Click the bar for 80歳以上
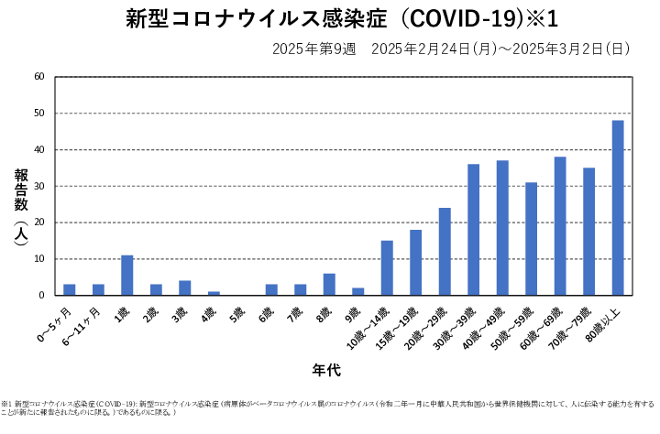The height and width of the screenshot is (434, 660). [x=618, y=208]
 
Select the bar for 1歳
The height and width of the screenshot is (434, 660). [x=126, y=276]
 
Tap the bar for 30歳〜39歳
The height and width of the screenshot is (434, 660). [x=473, y=230]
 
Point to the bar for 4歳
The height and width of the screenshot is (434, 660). [x=214, y=293]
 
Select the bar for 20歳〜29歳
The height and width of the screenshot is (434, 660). [x=445, y=252]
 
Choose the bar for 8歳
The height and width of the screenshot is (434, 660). [x=329, y=285]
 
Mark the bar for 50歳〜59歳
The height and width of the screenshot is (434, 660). [x=531, y=239]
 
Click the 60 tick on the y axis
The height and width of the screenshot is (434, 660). [x=38, y=77]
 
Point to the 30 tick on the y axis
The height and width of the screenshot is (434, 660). [x=38, y=186]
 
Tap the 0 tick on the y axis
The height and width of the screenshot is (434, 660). [x=41, y=296]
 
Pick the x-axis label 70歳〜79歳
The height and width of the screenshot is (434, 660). [x=575, y=324]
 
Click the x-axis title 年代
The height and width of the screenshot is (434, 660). [x=327, y=371]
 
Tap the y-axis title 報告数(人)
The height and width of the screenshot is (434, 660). [x=21, y=205]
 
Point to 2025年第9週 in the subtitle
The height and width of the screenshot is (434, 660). [x=313, y=49]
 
